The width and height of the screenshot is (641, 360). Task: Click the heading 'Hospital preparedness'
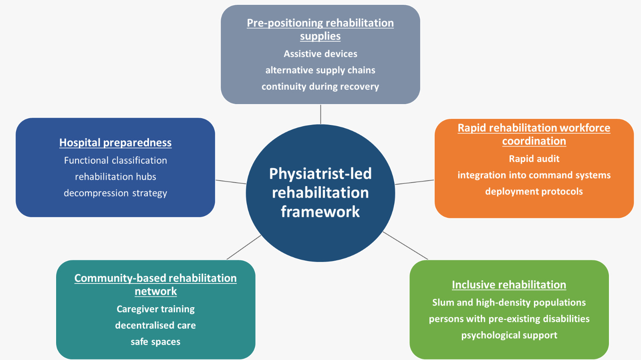point(115,143)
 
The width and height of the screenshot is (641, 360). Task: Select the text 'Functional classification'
point(115,161)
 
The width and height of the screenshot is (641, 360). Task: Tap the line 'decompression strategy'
point(115,193)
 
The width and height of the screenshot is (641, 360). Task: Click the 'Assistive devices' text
point(320,54)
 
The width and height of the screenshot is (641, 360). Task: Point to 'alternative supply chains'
point(320,70)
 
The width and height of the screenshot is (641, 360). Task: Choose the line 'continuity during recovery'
point(320,86)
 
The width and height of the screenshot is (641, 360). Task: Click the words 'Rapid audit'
point(534,159)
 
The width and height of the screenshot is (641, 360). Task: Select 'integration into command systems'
point(534,175)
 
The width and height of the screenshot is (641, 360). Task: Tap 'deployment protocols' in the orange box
point(534,191)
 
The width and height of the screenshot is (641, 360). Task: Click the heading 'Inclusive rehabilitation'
point(509,285)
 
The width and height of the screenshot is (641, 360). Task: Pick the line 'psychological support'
point(509,335)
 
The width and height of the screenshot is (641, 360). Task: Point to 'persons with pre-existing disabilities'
point(509,319)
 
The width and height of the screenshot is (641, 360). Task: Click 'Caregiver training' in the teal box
point(155,309)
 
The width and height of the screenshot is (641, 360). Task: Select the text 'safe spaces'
point(155,342)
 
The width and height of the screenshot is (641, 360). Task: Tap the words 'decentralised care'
point(155,325)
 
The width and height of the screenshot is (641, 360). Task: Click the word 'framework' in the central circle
point(320,211)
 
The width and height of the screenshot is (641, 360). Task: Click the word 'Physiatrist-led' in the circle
point(320,174)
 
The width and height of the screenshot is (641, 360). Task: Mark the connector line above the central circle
point(320,114)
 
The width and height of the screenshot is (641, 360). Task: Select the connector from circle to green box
point(405,245)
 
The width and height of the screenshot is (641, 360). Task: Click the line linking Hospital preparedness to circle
point(231,182)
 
